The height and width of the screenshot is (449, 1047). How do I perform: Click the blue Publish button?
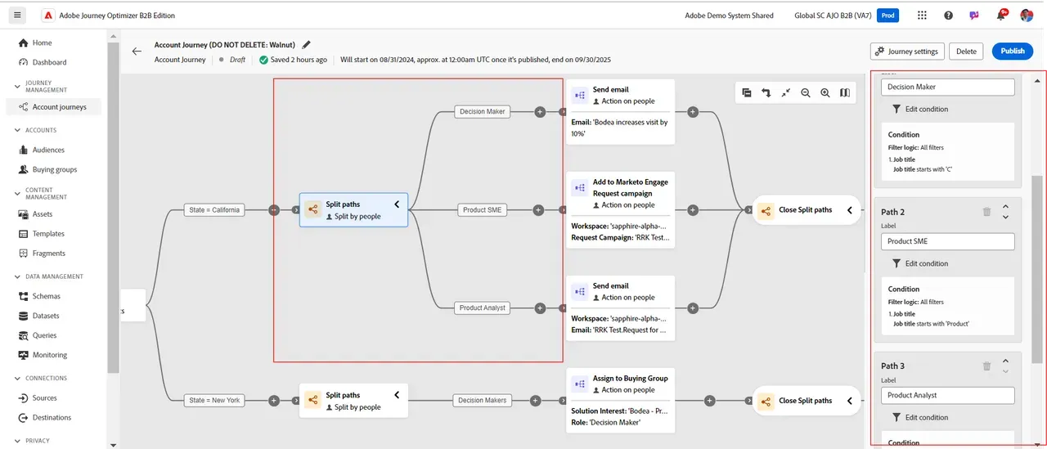point(1012,51)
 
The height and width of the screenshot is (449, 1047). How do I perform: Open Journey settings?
point(907,51)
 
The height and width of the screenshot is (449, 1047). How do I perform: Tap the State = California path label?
point(214,210)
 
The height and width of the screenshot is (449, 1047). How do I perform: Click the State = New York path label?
point(214,401)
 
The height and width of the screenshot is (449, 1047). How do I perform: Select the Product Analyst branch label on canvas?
point(482,308)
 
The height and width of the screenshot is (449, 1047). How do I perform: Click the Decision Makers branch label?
point(482,401)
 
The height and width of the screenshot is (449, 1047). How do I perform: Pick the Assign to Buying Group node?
point(620,401)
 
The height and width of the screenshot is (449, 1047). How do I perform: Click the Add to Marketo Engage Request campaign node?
point(620,210)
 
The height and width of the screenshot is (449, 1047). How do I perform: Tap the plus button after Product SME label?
point(538,210)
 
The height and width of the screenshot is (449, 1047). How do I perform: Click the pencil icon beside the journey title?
point(306,45)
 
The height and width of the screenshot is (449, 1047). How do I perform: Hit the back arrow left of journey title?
point(137,52)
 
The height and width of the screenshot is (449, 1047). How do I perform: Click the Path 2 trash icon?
point(986,212)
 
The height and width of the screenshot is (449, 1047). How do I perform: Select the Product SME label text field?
point(947,241)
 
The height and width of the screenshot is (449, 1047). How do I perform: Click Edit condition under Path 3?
point(920,417)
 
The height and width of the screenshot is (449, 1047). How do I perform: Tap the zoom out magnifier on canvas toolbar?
point(806,92)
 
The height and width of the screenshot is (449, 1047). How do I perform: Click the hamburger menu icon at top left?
point(17,15)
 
